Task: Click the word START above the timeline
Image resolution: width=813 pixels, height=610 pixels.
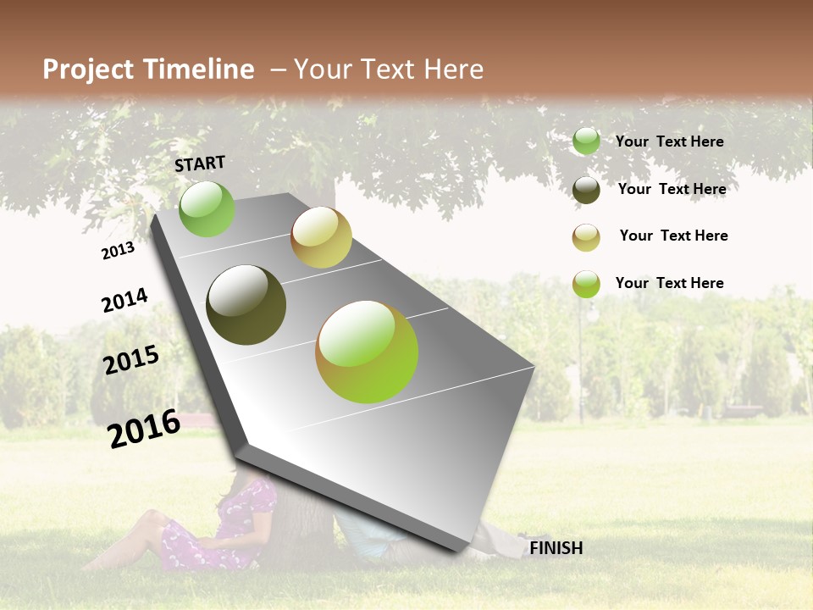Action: coord(200,164)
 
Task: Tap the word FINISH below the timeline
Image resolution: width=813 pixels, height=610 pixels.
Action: coord(556,548)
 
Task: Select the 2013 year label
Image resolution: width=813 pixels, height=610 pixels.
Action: coord(118,250)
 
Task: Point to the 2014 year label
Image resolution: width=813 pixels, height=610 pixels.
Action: coord(124,300)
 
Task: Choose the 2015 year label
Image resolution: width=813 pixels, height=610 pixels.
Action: coord(131,360)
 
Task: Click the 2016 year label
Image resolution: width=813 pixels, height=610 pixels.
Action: coord(144,428)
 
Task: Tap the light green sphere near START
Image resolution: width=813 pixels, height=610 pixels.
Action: coord(207,208)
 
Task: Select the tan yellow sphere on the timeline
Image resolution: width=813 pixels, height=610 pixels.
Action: coord(321,237)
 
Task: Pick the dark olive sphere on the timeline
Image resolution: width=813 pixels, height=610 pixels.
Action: coord(246,305)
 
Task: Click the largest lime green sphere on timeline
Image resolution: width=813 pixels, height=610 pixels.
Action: coord(367,352)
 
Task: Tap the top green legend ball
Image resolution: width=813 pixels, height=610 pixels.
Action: coord(586,141)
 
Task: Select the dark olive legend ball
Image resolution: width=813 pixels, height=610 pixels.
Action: coord(586,190)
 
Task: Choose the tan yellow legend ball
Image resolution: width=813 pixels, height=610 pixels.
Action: coord(586,237)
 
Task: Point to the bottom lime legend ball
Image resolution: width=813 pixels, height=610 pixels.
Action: coord(586,284)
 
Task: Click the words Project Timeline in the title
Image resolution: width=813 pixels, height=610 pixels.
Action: coord(148,69)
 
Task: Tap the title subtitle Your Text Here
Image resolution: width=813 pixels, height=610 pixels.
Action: coord(388,69)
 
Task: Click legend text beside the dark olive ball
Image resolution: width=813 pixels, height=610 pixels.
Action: coord(672,189)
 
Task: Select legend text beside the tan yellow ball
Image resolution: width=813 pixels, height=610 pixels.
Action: coord(673,236)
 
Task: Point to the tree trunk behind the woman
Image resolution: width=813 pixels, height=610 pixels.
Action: coord(301,525)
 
